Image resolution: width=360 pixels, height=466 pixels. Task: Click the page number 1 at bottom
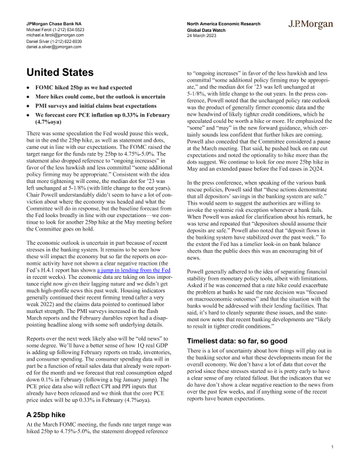[x=332, y=447]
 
